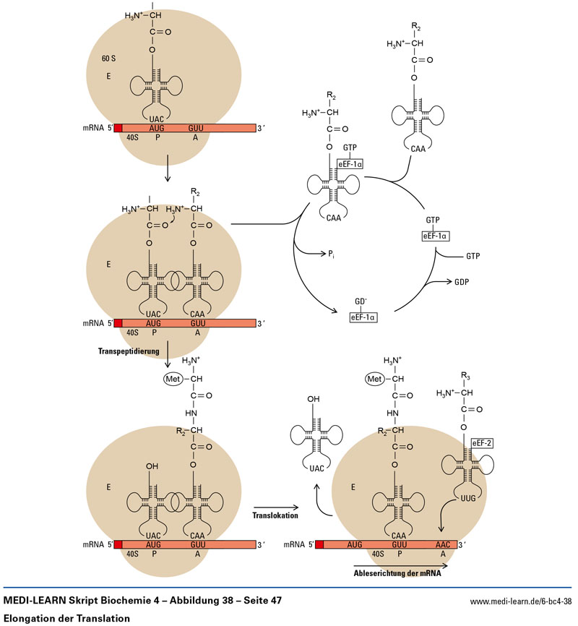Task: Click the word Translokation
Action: (x=276, y=516)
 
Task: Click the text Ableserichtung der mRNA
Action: (x=397, y=574)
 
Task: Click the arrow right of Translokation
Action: (x=277, y=507)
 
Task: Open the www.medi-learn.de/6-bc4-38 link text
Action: (x=521, y=601)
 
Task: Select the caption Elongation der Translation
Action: (x=66, y=619)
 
